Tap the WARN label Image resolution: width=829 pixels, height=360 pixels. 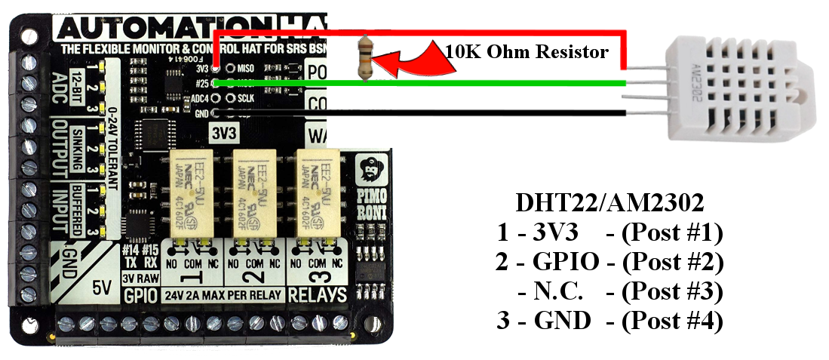click(x=330, y=136)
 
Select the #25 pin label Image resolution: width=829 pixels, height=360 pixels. click(x=201, y=83)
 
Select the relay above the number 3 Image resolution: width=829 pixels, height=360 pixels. click(x=318, y=189)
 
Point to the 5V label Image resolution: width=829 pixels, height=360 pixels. click(x=100, y=288)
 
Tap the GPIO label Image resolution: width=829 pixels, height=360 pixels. click(x=140, y=294)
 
